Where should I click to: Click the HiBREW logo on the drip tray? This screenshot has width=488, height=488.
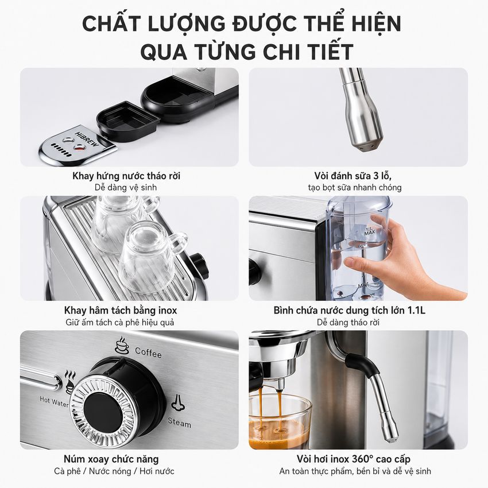click(x=87, y=139)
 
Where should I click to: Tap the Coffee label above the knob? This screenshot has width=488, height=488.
click(x=148, y=353)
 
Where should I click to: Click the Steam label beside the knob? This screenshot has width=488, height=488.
click(x=180, y=423)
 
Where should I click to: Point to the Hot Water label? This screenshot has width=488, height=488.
click(x=53, y=401)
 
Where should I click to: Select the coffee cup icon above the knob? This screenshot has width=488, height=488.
click(x=122, y=345)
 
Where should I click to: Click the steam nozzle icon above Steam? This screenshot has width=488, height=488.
click(x=178, y=402)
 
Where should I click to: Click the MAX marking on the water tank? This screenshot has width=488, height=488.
click(x=369, y=232)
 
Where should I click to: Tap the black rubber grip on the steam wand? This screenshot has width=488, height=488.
click(x=362, y=363)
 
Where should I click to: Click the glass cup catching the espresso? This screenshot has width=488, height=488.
click(x=280, y=422)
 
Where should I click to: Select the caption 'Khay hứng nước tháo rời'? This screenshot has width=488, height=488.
click(x=126, y=176)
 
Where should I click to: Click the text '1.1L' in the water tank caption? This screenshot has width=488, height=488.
click(x=416, y=310)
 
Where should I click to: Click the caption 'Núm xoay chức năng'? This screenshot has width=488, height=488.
click(x=111, y=459)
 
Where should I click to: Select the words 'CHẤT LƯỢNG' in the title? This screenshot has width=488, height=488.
click(x=154, y=24)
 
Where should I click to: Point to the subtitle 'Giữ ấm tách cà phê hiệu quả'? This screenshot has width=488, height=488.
click(x=120, y=323)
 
